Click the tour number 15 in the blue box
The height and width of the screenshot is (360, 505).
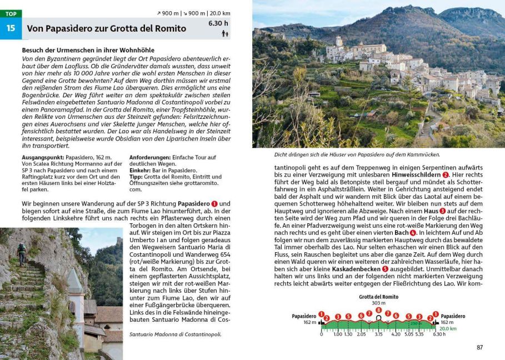tap(10, 28)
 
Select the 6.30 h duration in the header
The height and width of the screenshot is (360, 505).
tap(218, 23)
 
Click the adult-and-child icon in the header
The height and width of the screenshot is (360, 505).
tap(224, 33)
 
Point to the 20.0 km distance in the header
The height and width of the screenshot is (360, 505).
tap(219, 13)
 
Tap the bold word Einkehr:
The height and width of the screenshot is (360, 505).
tap(141, 170)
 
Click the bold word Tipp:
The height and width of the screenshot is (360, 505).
tap(136, 177)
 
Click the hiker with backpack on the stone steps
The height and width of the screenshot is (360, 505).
tap(21, 253)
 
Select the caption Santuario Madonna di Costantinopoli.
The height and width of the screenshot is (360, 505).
tap(175, 334)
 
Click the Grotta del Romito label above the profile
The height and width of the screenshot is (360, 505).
tap(378, 297)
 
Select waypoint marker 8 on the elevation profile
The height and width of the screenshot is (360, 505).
tap(378, 310)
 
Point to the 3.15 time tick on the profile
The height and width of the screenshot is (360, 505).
tap(378, 334)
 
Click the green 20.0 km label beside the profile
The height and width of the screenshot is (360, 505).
tap(448, 328)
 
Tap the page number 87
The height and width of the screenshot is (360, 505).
tap(479, 347)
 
